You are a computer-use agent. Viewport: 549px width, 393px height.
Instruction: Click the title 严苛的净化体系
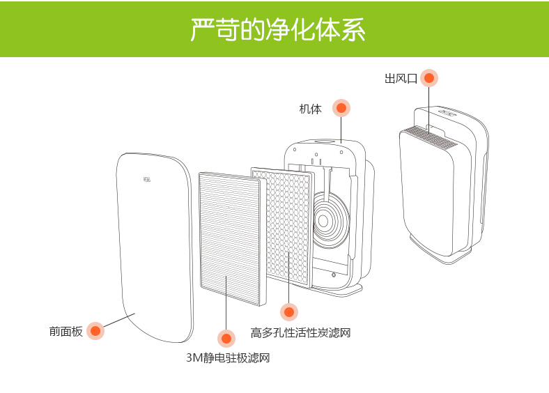[277, 31]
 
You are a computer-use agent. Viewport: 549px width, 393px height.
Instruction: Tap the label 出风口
[401, 79]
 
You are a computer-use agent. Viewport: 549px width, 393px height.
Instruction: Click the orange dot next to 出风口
[429, 78]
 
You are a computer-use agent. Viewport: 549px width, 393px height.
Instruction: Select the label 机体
[310, 109]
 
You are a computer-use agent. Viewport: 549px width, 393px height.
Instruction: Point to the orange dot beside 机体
[341, 108]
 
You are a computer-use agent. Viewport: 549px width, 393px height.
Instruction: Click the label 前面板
[65, 332]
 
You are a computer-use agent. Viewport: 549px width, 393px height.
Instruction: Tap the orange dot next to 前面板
[95, 331]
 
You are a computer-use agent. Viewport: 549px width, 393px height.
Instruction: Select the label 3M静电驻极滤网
[227, 358]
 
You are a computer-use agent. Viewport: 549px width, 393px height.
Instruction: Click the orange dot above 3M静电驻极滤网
[226, 339]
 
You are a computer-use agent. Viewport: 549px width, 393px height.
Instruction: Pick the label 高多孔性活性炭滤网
[300, 333]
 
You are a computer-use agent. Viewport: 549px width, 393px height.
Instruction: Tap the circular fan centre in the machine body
[323, 222]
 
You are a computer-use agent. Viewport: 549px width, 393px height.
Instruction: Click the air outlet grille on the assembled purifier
[429, 136]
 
